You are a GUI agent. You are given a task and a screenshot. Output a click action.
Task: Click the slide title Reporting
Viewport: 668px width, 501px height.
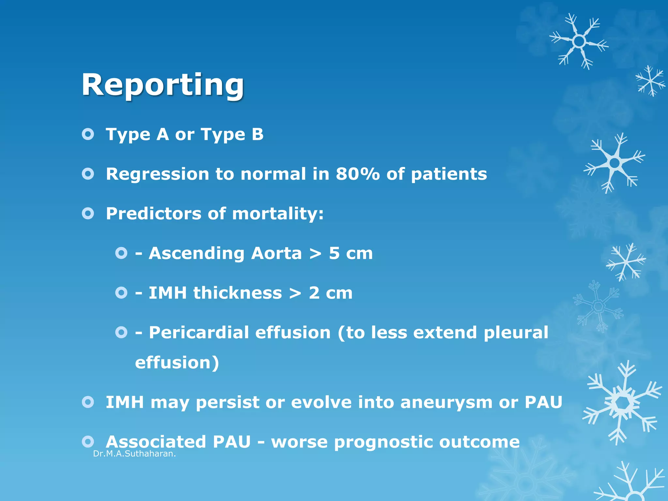(162, 85)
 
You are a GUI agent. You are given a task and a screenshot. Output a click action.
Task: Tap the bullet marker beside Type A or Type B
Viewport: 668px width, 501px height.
(88, 134)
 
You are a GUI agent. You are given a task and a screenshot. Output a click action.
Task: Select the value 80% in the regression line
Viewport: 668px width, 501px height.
(358, 174)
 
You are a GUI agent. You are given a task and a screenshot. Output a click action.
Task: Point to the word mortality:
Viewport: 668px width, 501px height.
(278, 214)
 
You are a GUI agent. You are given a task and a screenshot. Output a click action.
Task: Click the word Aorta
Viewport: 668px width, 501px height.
(276, 253)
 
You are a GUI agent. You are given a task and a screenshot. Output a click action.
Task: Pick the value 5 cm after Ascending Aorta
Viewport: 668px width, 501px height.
(351, 253)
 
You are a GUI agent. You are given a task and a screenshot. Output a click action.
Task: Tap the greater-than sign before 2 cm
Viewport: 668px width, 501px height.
(295, 293)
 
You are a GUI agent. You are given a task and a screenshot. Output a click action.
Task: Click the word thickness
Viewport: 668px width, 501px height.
(237, 293)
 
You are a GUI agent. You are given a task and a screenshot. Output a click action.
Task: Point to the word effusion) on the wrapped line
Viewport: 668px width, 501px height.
(177, 363)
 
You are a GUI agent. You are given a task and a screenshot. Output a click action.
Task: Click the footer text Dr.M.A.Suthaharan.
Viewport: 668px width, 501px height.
(134, 454)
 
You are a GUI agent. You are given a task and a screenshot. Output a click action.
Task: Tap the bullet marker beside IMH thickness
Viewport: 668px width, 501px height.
(121, 293)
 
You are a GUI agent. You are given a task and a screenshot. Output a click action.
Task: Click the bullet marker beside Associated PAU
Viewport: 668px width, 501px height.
(88, 442)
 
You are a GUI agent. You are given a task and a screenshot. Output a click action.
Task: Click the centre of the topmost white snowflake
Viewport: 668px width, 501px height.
(579, 41)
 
